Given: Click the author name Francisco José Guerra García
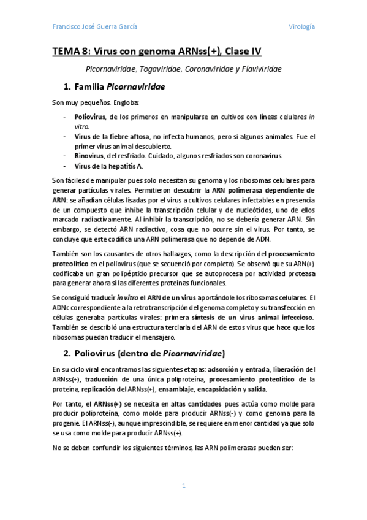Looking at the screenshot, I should tap(94, 26).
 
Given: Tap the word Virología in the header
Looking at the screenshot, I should tap(301, 26).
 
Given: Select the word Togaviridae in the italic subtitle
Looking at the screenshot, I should tap(153, 69).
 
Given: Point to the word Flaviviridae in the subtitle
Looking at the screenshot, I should tap(257, 69).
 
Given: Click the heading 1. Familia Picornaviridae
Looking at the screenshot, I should tap(113, 86).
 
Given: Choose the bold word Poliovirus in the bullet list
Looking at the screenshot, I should tap(89, 116).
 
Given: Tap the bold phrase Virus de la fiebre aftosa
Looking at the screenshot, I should tap(111, 136).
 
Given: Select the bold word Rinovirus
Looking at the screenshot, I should tap(89, 156).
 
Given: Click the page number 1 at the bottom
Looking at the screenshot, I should tap(183, 486).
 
